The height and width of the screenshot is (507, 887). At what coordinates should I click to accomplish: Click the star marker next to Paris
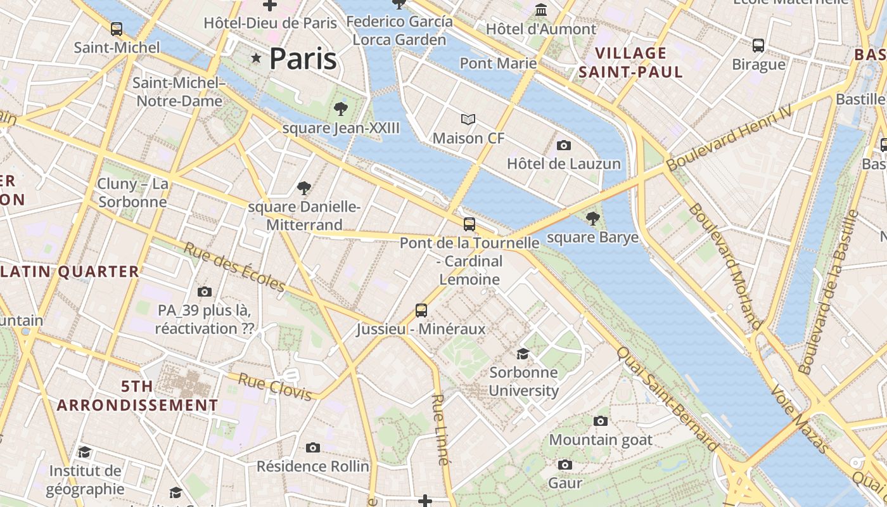256,58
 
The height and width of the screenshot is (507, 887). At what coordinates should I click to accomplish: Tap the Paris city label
303,58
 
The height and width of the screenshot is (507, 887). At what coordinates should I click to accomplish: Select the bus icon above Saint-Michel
117,29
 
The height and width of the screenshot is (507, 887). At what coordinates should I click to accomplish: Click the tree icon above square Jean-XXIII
341,109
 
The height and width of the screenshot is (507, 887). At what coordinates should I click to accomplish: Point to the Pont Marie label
498,63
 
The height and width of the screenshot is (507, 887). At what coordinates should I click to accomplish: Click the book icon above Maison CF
468,119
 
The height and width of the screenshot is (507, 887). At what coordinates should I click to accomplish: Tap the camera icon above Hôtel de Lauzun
563,146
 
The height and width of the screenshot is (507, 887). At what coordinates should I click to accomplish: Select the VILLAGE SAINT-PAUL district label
631,62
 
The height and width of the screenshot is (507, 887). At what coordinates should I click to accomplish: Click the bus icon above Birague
758,46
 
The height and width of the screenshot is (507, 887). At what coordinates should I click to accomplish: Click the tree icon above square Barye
592,219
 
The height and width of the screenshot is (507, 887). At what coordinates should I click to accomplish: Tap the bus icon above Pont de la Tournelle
469,224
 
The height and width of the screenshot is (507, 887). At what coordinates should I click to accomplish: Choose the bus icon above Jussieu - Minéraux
421,311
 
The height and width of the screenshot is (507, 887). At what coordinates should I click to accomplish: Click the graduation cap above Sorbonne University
523,354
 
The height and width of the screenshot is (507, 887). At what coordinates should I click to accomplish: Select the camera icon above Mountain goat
600,421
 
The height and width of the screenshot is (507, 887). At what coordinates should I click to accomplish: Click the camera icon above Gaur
565,465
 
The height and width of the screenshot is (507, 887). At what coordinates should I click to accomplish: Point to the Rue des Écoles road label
234,267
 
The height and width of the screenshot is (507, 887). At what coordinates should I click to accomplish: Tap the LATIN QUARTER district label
70,272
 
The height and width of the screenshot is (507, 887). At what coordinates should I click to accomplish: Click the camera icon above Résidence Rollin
312,448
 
